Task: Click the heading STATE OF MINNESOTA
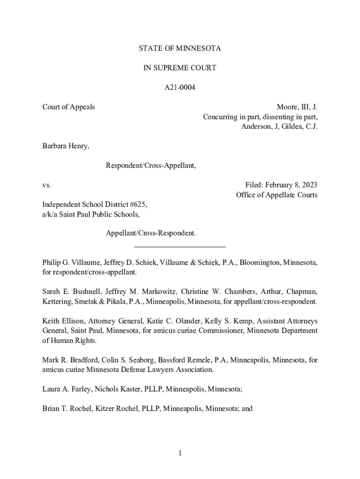tap(180, 49)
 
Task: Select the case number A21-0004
tap(180, 87)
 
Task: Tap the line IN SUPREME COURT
tap(180, 68)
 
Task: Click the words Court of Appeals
tap(69, 107)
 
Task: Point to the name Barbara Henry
tap(65, 146)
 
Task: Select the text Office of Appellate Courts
tap(276, 195)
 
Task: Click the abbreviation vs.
tap(46, 185)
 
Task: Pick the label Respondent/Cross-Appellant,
tap(151, 166)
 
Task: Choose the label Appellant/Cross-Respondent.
tap(151, 233)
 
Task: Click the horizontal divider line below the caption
tap(180, 247)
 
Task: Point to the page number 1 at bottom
tap(180, 453)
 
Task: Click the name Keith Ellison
tap(63, 321)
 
